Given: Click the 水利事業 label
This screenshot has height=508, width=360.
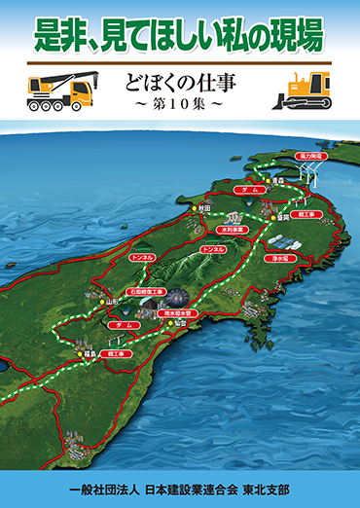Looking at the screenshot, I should click(x=233, y=231).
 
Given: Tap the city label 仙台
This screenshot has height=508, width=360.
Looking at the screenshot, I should click(x=180, y=323).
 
